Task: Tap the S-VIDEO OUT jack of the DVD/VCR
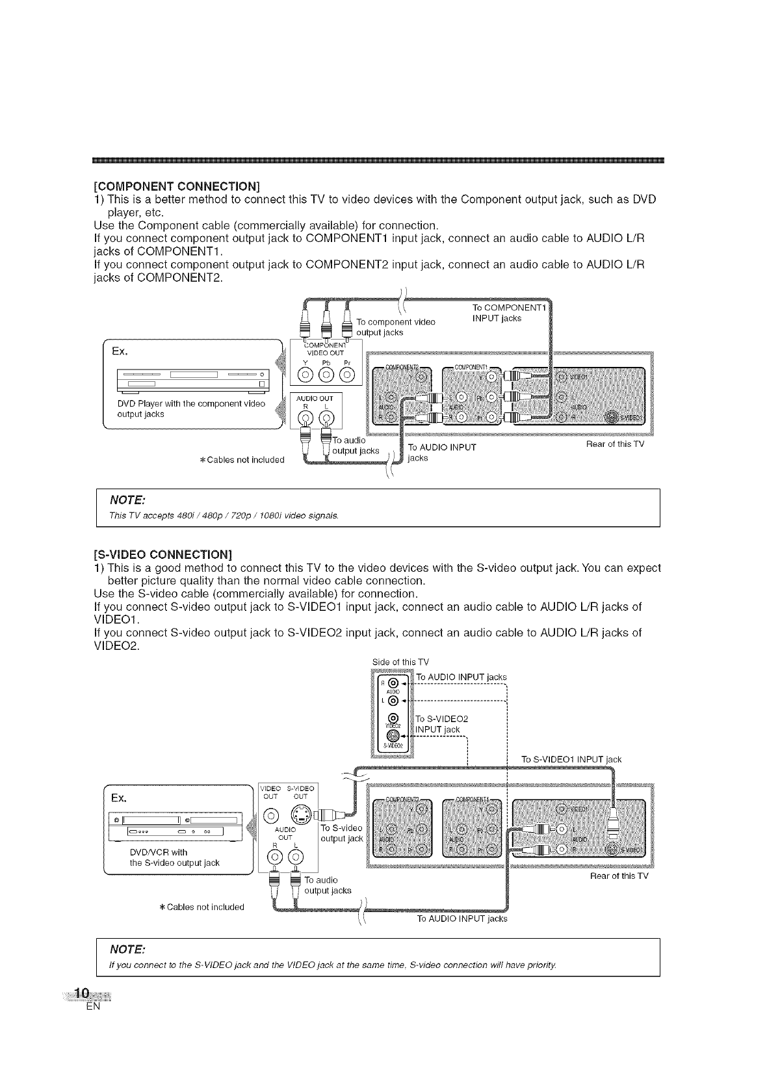[300, 814]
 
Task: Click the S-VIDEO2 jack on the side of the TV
[391, 735]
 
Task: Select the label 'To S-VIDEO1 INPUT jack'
[571, 759]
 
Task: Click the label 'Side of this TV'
[400, 662]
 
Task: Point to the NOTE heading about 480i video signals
[127, 500]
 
